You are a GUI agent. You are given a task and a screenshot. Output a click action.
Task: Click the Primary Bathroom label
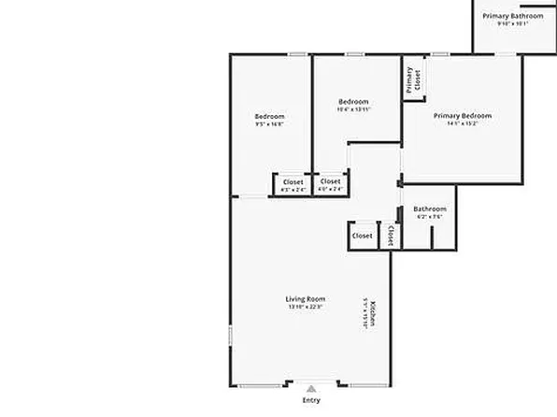[x=512, y=16]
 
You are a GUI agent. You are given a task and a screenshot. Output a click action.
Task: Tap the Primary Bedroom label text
[x=462, y=116]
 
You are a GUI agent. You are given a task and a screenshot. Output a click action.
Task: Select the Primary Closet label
[x=411, y=81]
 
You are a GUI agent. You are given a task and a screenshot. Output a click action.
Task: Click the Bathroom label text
[x=430, y=208]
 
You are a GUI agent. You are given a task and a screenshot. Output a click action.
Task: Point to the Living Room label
[x=306, y=298]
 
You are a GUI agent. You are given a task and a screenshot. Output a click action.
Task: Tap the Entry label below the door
[x=311, y=400]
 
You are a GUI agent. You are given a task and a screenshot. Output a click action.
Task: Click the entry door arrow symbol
[x=311, y=385]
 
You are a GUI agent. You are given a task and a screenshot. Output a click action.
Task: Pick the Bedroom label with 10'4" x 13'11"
[x=353, y=102]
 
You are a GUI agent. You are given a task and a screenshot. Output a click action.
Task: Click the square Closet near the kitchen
[x=363, y=236]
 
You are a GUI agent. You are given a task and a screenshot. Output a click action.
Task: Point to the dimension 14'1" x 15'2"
[x=462, y=123]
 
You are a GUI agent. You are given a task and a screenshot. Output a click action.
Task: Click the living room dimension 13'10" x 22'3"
[x=306, y=306]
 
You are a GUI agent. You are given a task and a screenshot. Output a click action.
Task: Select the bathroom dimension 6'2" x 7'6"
[x=430, y=216]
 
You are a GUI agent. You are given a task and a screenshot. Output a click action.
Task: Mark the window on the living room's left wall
[x=231, y=338]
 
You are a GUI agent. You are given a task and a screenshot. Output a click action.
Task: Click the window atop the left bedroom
[x=298, y=54]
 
